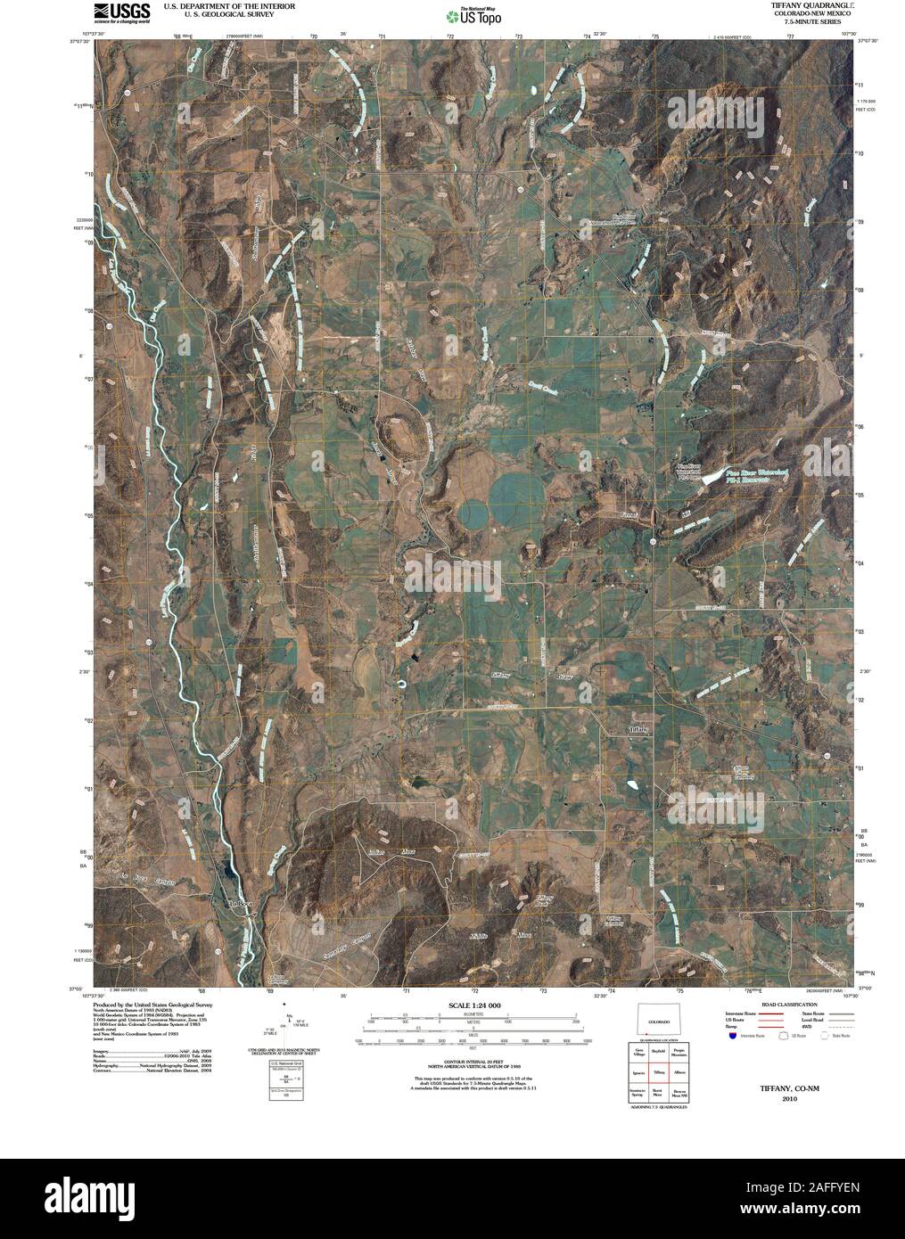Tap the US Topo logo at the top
474,14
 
